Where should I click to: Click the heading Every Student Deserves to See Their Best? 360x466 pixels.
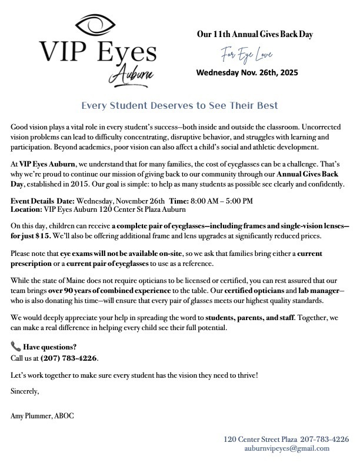tap(179, 106)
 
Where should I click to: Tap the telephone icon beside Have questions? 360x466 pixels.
tap(15, 347)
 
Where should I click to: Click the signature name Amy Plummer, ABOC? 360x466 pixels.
tap(43, 417)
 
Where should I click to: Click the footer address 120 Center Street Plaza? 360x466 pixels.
tap(260, 439)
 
